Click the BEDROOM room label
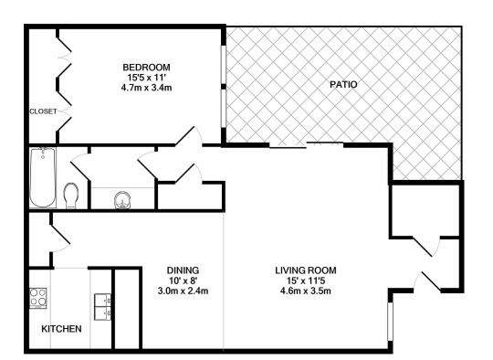(146, 68)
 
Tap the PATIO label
(342, 85)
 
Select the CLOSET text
(43, 111)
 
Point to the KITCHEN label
(61, 329)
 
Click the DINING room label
(183, 270)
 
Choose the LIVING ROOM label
(306, 270)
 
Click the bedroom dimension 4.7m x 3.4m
(146, 90)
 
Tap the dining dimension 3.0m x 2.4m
(183, 291)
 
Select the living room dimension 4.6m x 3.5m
(306, 291)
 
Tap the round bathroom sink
(121, 199)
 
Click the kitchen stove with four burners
(39, 298)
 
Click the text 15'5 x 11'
(146, 79)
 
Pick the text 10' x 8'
(183, 281)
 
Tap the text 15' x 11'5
(306, 281)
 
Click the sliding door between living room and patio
(306, 144)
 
